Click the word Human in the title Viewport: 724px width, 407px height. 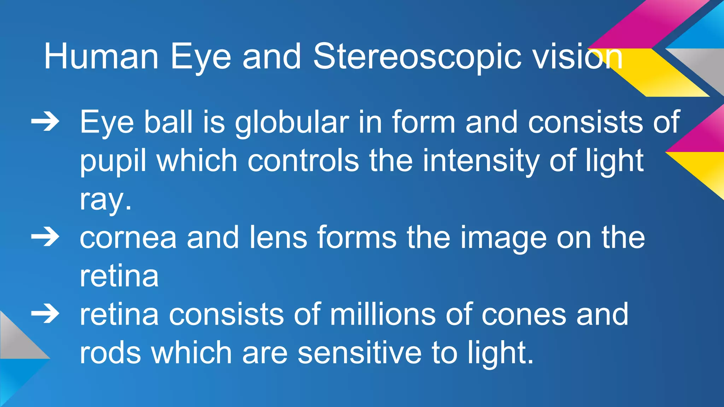[x=101, y=57]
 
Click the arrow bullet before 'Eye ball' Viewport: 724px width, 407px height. [x=45, y=122]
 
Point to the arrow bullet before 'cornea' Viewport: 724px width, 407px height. [x=45, y=237]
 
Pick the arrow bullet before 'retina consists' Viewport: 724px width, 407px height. [x=45, y=314]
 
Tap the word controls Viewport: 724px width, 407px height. [x=303, y=161]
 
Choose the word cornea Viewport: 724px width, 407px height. [x=128, y=238]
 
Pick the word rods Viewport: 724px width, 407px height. [x=110, y=352]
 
